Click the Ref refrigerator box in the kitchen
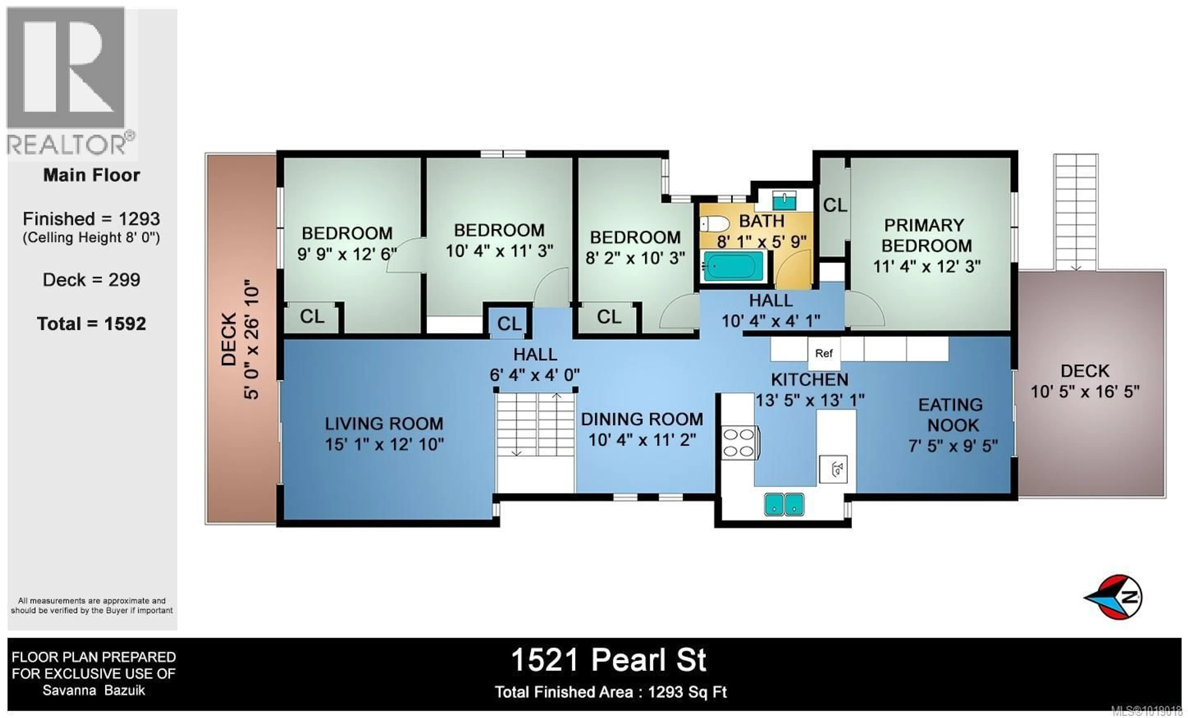824,353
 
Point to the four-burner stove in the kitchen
739,443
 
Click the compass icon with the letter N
1117,597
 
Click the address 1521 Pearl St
609,660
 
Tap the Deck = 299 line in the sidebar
92,280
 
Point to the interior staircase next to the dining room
535,424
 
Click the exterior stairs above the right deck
1076,212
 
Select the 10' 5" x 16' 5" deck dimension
1085,391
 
